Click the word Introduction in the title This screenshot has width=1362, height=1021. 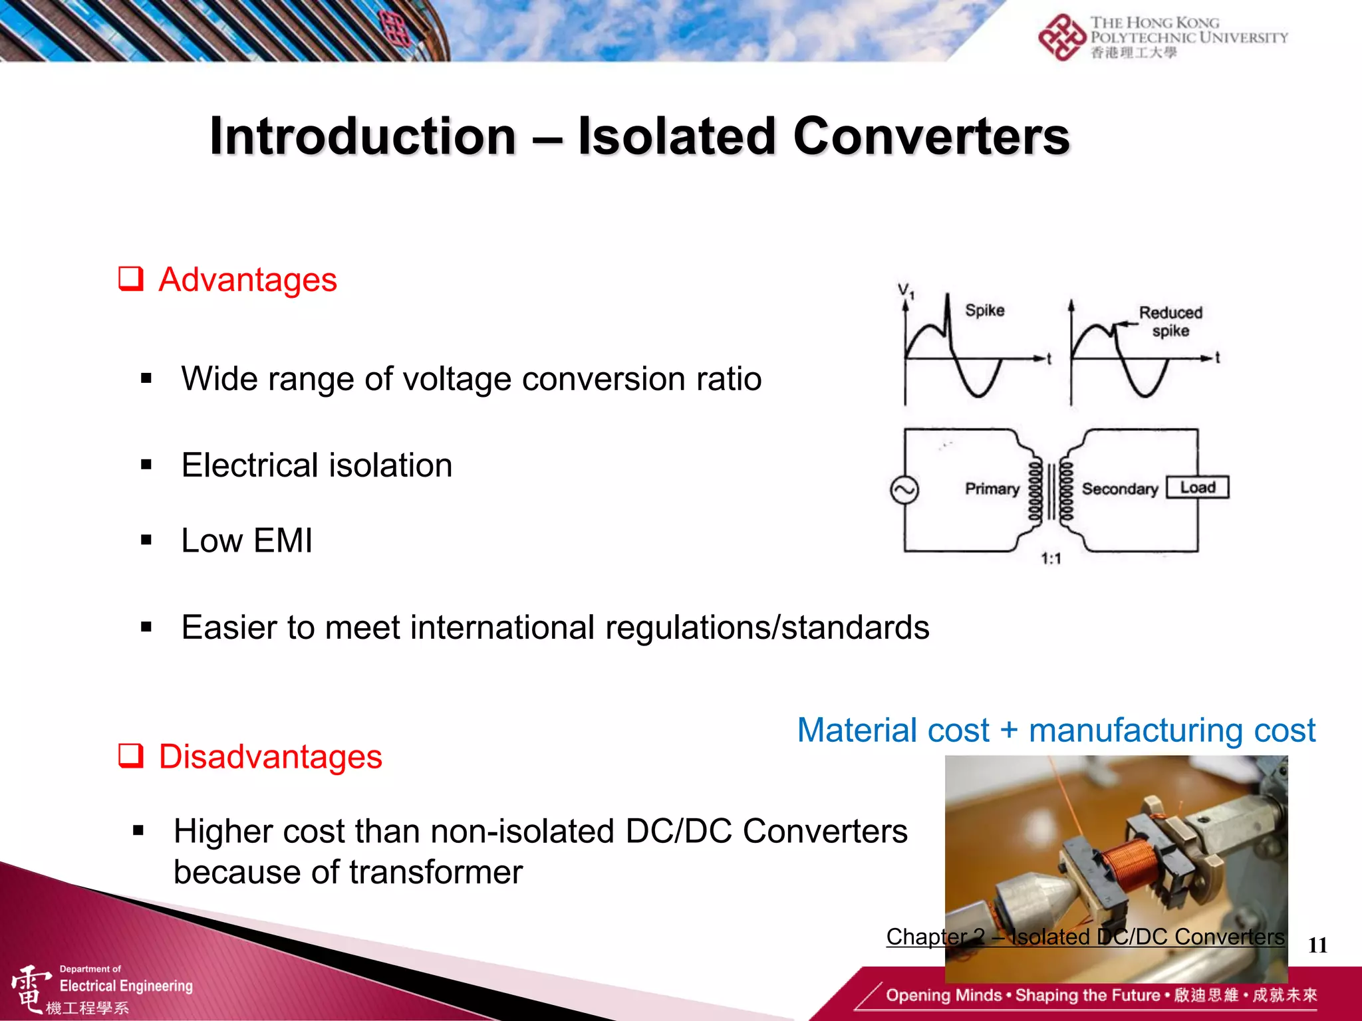click(x=363, y=137)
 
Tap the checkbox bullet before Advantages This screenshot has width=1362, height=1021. click(x=131, y=279)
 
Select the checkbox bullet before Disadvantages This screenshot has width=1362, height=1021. click(x=131, y=756)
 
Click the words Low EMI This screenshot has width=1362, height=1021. click(x=247, y=540)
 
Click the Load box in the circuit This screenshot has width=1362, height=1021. click(x=1198, y=487)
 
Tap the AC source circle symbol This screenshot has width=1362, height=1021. click(x=904, y=491)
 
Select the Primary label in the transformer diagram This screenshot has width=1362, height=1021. click(x=992, y=489)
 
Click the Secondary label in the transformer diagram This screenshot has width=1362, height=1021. click(x=1120, y=489)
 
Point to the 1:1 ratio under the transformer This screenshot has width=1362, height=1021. click(x=1051, y=558)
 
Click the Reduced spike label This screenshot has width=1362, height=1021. click(x=1170, y=321)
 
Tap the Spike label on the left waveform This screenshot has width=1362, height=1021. click(x=984, y=310)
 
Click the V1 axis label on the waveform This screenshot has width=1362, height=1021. click(x=906, y=290)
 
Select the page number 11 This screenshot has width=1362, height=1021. click(x=1317, y=945)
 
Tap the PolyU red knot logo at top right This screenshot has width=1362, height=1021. click(x=1062, y=38)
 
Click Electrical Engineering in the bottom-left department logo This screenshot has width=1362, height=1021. click(x=126, y=986)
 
